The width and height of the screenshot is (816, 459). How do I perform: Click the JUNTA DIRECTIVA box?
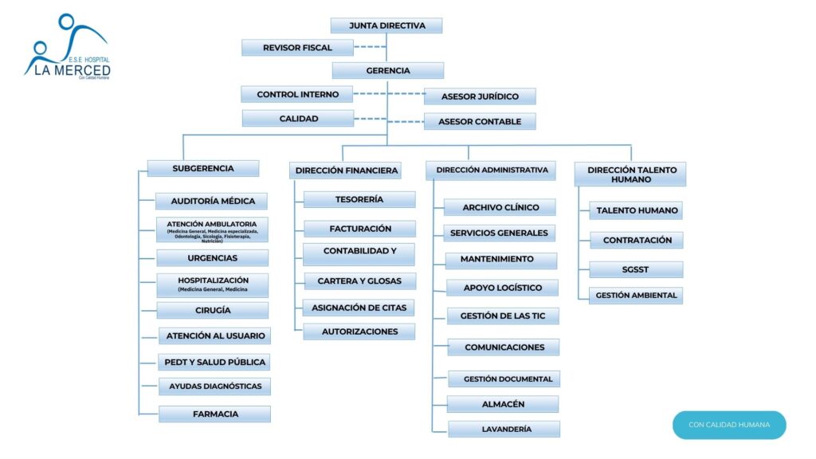tap(386, 25)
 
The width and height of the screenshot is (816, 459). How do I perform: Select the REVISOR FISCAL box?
tap(297, 48)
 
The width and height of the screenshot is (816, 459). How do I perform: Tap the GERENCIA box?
tap(388, 70)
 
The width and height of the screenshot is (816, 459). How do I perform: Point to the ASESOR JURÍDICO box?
tap(480, 96)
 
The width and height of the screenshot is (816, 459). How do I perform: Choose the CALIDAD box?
tap(298, 119)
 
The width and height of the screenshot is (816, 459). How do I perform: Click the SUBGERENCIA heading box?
tap(203, 168)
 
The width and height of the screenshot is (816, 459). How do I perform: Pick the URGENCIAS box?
tap(212, 258)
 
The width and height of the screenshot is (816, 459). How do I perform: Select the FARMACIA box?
tap(215, 414)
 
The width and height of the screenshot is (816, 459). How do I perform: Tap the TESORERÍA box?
tap(359, 199)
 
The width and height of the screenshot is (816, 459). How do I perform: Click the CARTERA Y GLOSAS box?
tap(359, 281)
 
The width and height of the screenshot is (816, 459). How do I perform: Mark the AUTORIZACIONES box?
tap(359, 331)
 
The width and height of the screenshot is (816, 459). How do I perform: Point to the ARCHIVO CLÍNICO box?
tap(500, 207)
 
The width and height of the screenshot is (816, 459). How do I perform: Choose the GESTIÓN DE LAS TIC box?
tap(503, 316)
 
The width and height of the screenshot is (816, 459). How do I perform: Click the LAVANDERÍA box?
tap(504, 429)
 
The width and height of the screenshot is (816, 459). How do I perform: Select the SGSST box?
tap(635, 269)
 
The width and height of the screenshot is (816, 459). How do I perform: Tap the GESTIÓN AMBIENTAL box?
tap(636, 296)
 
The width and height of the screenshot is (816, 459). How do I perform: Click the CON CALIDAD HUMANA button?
tap(729, 425)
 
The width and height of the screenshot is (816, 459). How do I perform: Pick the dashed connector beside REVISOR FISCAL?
tap(370, 48)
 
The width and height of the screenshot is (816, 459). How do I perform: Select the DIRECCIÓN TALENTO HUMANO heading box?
tap(630, 175)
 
